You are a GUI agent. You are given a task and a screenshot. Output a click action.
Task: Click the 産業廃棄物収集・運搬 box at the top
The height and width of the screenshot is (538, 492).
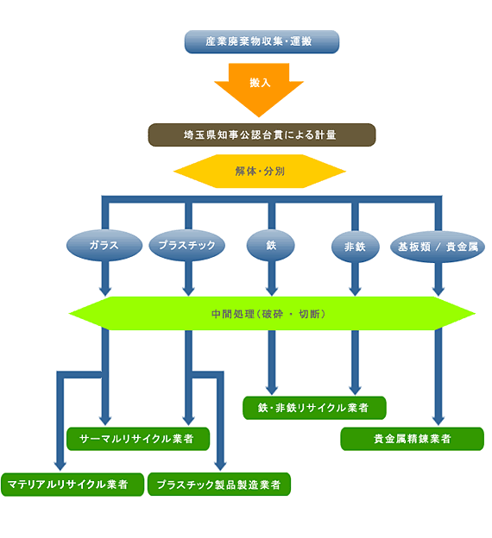[x=262, y=41]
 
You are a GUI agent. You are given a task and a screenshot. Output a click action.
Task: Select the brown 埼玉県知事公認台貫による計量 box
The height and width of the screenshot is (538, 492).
[x=262, y=134]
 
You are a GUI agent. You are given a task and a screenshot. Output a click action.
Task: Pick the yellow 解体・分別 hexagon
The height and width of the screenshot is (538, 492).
[x=260, y=171]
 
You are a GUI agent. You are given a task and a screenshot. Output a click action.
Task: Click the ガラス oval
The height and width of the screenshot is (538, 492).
[x=104, y=246]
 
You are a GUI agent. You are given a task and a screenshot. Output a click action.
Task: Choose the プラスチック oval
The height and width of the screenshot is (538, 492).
[x=187, y=246]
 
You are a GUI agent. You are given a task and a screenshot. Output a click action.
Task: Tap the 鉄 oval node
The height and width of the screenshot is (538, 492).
[x=271, y=246]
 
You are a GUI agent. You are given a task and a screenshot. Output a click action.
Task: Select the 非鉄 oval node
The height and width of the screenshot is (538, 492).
[x=356, y=247]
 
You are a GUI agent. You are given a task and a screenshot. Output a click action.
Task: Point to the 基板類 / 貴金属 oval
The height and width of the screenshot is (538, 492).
[x=438, y=247]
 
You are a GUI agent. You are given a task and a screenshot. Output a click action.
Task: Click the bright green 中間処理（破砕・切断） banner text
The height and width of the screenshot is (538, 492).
[x=268, y=314]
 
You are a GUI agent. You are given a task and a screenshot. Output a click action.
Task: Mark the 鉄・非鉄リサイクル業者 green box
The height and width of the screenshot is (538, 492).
[x=314, y=408]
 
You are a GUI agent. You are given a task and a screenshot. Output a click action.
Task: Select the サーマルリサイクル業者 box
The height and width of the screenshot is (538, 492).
[x=138, y=439]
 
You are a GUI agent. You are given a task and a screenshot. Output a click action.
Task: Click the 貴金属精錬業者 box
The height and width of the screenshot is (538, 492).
[x=412, y=439]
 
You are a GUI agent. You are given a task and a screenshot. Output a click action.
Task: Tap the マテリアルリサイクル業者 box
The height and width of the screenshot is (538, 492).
[x=73, y=485]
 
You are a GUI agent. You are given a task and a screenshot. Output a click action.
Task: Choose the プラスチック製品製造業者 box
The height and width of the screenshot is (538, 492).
[x=219, y=485]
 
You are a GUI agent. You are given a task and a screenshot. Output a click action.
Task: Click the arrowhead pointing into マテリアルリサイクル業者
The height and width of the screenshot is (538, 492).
[x=60, y=466]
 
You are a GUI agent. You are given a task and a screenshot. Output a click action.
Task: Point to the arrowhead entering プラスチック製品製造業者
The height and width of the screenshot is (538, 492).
[x=220, y=466]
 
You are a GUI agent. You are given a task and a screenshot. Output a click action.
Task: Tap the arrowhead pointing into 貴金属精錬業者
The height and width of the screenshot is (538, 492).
[x=438, y=421]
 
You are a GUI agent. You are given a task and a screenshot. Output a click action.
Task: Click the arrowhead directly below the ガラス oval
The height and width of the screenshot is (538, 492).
[x=105, y=291]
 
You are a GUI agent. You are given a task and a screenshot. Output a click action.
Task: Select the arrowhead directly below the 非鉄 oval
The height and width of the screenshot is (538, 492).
[x=355, y=291]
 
